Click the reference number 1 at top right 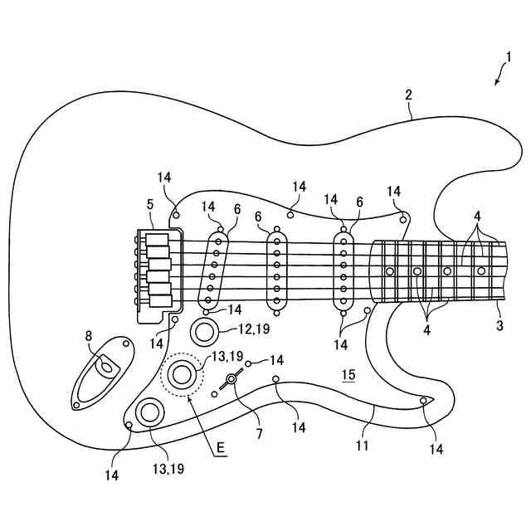tap(508, 56)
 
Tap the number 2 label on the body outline tap(409, 95)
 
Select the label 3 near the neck tap(499, 326)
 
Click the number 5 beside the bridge tap(149, 203)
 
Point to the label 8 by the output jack tap(89, 336)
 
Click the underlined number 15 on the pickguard tap(348, 375)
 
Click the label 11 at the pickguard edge tap(362, 446)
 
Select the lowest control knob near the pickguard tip tap(151, 411)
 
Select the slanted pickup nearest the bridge tap(213, 268)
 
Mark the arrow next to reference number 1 tap(498, 80)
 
